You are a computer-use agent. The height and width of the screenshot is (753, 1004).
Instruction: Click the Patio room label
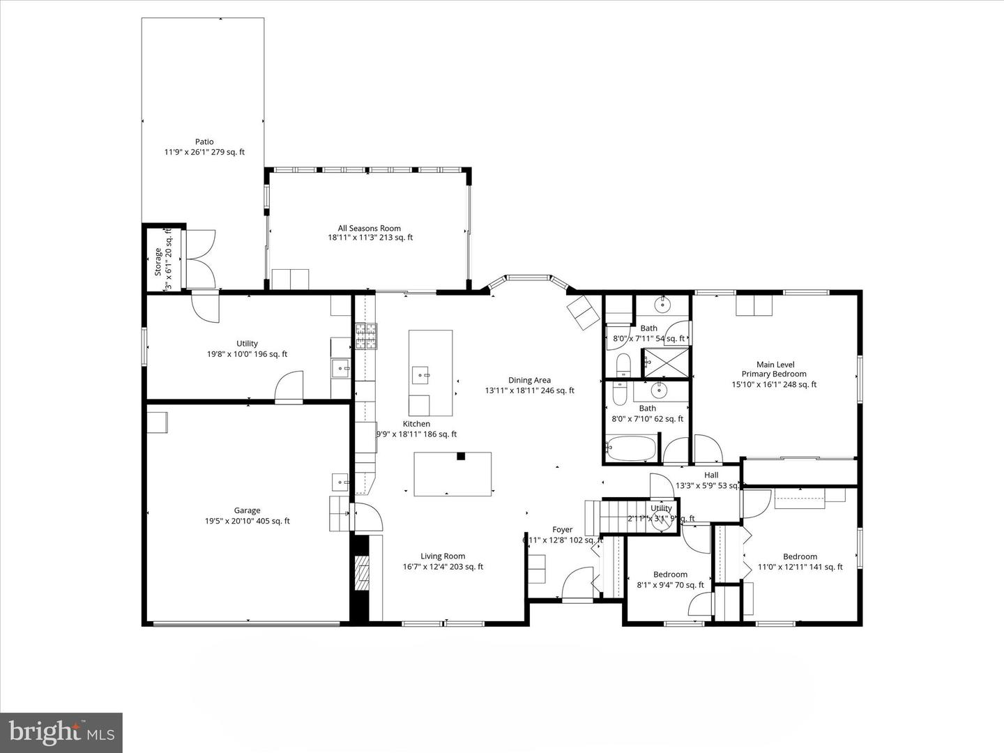(204, 142)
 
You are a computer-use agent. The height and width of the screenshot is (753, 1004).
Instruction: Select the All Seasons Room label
(370, 228)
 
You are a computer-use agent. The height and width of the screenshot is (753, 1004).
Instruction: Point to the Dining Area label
(529, 380)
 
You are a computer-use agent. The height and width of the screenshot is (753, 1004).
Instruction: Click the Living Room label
(443, 556)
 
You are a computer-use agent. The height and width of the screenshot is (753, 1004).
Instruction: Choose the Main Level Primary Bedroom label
(775, 369)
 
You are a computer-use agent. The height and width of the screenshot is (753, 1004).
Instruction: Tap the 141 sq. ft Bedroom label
(800, 556)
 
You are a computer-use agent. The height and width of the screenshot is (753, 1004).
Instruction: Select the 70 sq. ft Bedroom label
(670, 575)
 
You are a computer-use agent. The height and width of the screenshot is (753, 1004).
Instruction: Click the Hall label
(711, 475)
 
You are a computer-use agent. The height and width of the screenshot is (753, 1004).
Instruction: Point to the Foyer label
(562, 530)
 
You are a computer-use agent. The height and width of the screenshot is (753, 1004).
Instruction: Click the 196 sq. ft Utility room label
(247, 343)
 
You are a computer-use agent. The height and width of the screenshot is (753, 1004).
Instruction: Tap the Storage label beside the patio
(158, 261)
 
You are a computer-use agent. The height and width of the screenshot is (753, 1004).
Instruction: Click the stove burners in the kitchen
(366, 336)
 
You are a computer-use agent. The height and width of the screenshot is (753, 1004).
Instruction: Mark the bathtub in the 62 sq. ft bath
(632, 448)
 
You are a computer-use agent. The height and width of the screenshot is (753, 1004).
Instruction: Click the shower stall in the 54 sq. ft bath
(665, 362)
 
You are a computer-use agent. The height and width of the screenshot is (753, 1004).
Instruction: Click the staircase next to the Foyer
(624, 517)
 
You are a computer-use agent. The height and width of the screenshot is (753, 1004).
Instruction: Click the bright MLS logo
(61, 732)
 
